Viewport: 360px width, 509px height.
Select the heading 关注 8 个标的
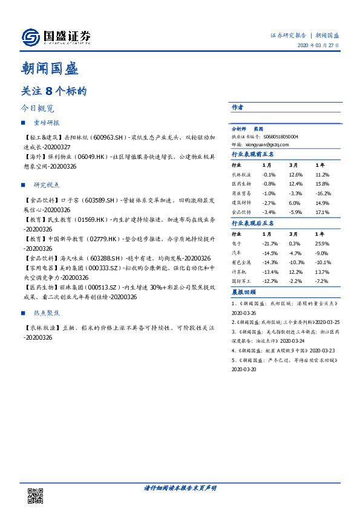point(54,91)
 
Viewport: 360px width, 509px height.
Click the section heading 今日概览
point(38,109)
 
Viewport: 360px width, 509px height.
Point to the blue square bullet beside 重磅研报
point(24,123)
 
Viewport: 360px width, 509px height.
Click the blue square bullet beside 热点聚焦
point(24,314)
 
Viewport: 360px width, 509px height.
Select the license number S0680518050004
point(276,137)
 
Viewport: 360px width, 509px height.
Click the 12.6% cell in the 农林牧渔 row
point(296,175)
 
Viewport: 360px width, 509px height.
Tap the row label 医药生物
point(242,183)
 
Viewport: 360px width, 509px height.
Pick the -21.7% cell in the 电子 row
point(269,242)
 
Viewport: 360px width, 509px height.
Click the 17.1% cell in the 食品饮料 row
point(322,213)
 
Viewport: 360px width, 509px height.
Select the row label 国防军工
point(242,281)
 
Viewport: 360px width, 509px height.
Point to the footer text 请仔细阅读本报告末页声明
point(180,488)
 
